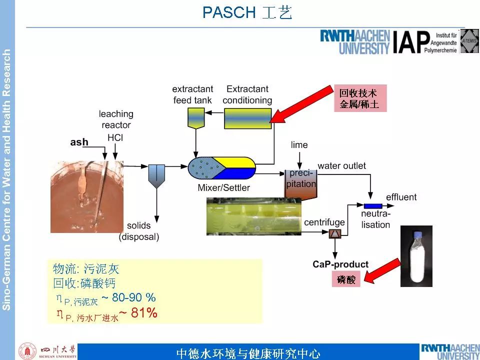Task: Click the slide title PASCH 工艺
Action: [x=247, y=12]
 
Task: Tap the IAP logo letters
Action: [x=411, y=42]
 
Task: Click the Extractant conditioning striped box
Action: [x=247, y=118]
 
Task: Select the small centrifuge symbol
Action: [x=334, y=232]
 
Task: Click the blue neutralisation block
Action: [x=372, y=206]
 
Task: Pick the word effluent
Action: [x=401, y=197]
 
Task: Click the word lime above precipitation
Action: [x=299, y=145]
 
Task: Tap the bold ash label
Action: [x=79, y=142]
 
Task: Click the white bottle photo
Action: [x=416, y=256]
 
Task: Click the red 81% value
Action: [x=144, y=313]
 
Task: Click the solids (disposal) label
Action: [x=138, y=231]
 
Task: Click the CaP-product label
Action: [x=340, y=264]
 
